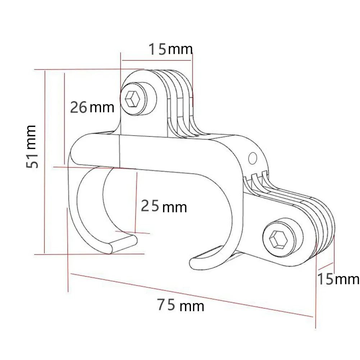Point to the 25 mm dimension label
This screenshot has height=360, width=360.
[164, 206]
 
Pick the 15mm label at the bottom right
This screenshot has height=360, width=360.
[338, 279]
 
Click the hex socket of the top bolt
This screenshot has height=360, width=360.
[132, 99]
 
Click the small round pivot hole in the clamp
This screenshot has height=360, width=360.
[252, 158]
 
